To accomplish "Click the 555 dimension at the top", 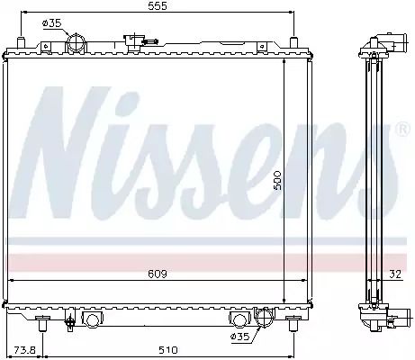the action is coord(158,6).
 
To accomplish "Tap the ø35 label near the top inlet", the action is coord(52,23).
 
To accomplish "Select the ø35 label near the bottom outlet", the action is coord(239,337).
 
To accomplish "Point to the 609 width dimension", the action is coord(158,274).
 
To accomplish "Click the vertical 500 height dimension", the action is coord(276,180).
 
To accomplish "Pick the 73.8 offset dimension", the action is coord(25,350).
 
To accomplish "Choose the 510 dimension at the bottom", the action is coord(168,350).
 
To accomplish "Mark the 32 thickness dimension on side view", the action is coord(395,274).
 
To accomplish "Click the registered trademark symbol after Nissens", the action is coord(403,129).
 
